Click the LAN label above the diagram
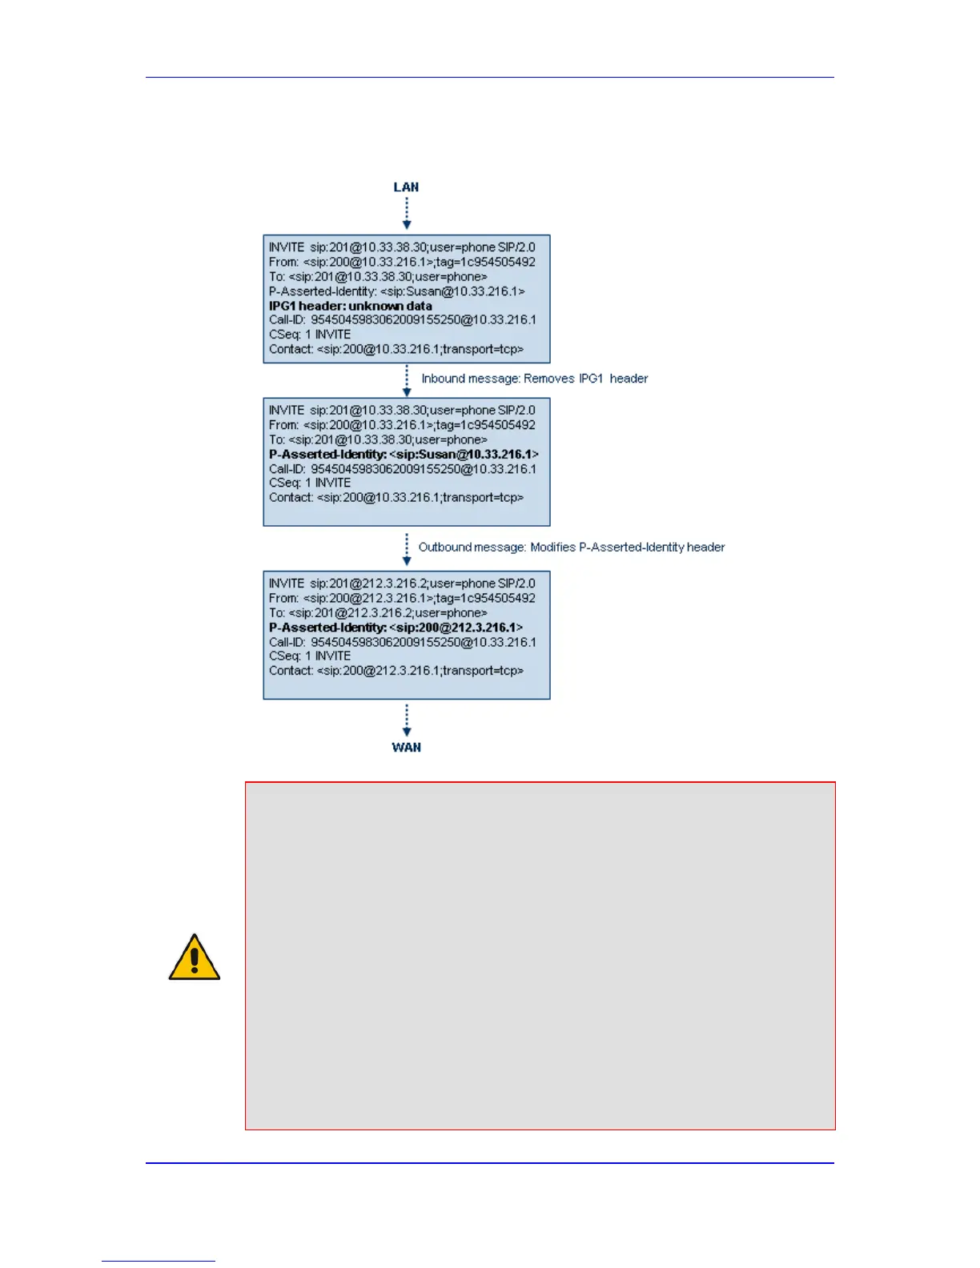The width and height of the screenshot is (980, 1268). [406, 187]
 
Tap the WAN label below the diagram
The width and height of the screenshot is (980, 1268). [406, 747]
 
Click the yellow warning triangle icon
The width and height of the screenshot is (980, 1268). [194, 957]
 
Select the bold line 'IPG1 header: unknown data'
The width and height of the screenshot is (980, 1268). [350, 306]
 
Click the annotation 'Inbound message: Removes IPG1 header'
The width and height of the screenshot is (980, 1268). [534, 379]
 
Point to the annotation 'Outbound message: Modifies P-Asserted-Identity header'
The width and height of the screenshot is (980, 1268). [571, 548]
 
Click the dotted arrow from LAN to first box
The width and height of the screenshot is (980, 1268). [407, 214]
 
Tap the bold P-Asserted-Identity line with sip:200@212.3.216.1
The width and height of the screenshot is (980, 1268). [396, 628]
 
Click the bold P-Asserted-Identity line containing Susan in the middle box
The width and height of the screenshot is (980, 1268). [404, 454]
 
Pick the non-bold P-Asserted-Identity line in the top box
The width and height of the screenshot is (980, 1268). [396, 291]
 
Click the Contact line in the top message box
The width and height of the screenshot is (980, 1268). [396, 349]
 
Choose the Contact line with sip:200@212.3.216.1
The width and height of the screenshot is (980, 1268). [396, 671]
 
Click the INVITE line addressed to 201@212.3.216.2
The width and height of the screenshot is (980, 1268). [402, 584]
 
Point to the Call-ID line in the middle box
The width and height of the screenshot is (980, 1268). [402, 469]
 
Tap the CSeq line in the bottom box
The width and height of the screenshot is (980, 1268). [310, 656]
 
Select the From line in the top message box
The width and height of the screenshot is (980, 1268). [402, 262]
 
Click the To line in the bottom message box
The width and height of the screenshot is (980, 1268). [377, 613]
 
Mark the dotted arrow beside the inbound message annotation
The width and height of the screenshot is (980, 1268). [407, 381]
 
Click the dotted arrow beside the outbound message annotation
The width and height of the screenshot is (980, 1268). [407, 549]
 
